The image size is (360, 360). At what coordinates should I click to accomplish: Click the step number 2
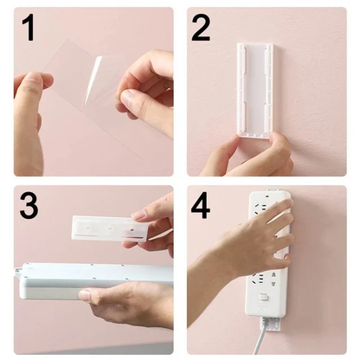click(x=201, y=29)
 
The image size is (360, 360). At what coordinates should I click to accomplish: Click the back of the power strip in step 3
click(x=87, y=280)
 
